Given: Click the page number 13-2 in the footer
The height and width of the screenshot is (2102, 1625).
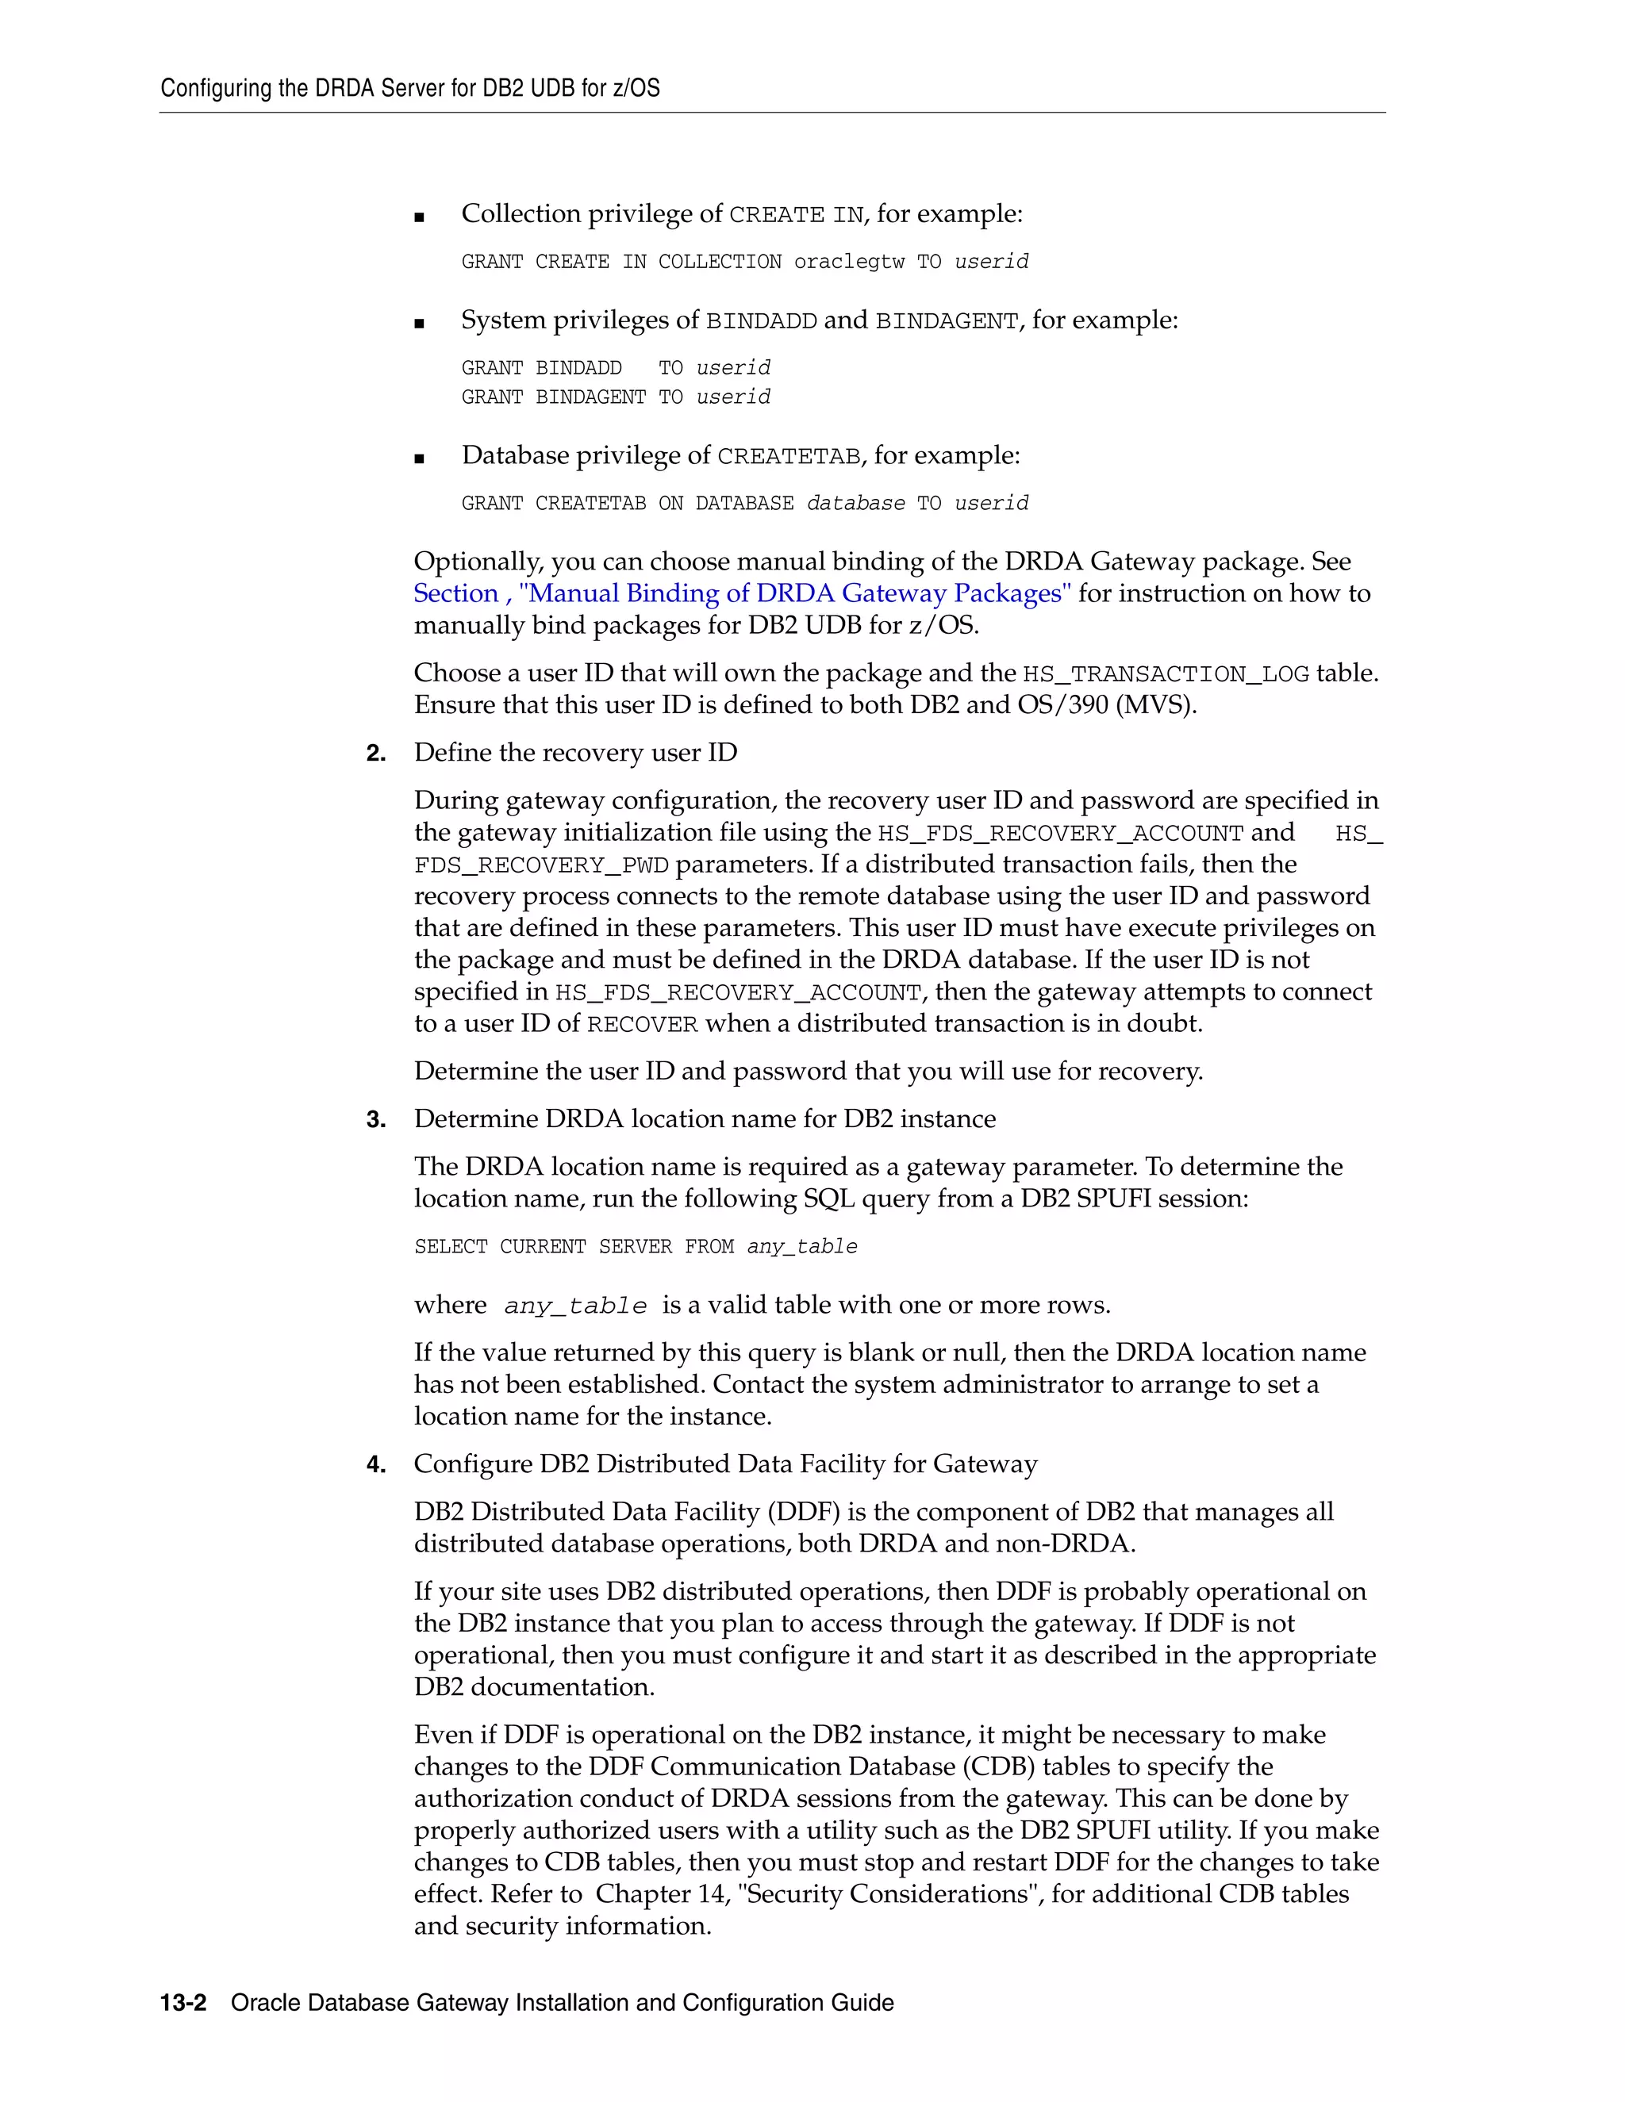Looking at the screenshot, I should click(183, 2003).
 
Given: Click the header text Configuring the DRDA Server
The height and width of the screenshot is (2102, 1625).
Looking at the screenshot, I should click(409, 89).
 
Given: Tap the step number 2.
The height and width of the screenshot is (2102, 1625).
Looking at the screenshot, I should click(375, 753).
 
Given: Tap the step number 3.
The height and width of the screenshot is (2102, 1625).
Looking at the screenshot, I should click(375, 1119).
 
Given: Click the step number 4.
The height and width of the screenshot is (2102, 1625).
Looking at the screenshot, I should click(375, 1465).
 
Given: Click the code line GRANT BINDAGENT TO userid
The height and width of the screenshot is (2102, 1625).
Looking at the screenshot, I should click(615, 397).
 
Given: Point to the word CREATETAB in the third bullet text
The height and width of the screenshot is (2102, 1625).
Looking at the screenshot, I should click(789, 456).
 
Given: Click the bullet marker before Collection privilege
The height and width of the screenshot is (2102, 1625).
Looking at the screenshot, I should click(419, 217).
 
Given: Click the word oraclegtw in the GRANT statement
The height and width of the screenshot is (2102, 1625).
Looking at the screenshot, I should click(848, 262).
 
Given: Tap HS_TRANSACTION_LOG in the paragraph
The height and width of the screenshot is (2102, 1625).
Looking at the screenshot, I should click(1165, 673).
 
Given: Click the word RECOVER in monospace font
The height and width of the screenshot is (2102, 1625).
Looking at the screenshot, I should click(642, 1025).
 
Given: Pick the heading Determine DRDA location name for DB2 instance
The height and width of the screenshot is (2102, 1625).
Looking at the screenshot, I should click(704, 1119).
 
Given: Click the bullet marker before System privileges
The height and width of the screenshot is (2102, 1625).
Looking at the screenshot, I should click(419, 324).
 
